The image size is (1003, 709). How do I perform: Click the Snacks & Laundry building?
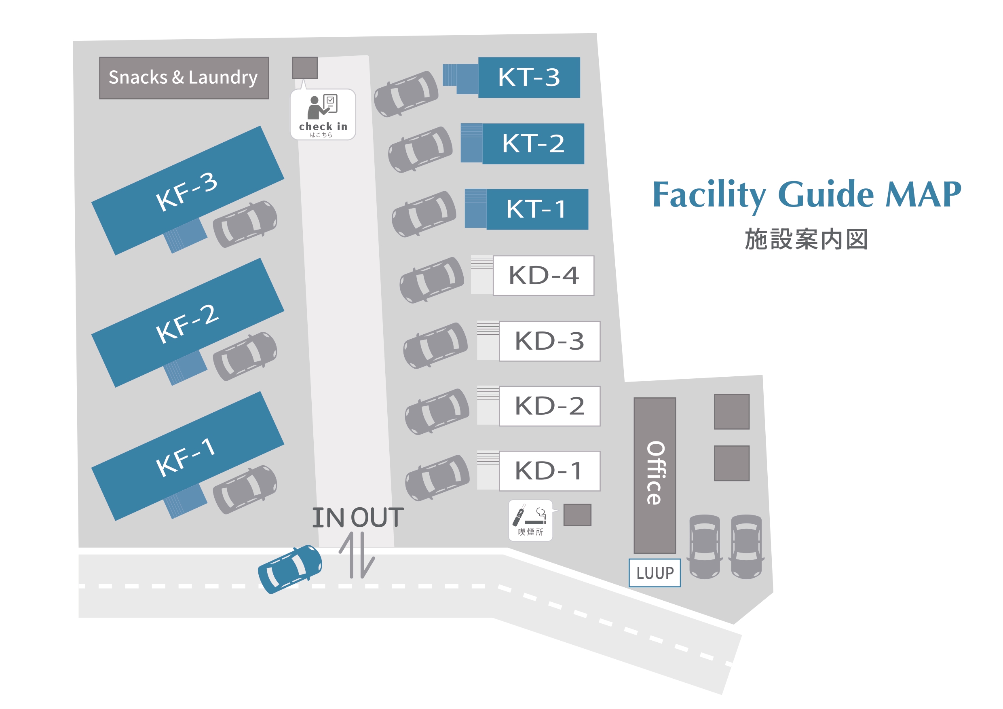184,78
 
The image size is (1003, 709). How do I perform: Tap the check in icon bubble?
323,114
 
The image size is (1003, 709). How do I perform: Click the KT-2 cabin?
533,144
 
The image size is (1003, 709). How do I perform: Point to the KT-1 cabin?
537,209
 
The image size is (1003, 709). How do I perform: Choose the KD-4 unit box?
543,276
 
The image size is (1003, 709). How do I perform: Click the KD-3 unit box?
549,341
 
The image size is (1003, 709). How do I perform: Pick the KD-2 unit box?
549,406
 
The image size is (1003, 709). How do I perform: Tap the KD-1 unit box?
549,471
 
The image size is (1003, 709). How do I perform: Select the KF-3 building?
188,190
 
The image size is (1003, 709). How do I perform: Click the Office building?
655,475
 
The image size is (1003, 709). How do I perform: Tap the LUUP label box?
655,573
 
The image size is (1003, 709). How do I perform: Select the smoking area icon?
530,520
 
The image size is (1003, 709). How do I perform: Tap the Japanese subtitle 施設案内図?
806,239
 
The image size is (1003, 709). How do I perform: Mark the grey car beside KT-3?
406,94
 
